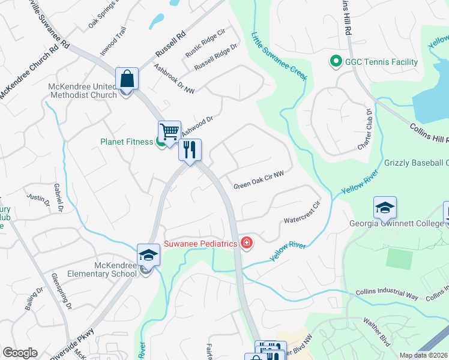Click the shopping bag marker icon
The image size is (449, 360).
127,79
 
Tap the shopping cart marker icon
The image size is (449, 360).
170,131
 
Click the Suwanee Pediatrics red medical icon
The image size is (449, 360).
246,242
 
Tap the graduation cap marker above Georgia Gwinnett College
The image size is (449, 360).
385,208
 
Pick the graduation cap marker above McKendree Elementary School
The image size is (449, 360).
148,255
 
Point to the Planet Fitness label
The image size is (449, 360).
126,143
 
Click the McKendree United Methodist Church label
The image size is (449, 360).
82,91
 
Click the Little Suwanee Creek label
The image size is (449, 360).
279,56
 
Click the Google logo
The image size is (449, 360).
20,353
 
